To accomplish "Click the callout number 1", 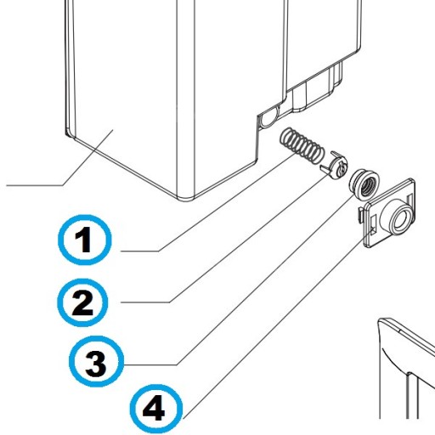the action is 84,240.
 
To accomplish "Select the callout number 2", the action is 82,302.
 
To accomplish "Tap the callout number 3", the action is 96,364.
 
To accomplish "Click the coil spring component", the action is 301,146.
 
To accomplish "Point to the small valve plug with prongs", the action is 335,166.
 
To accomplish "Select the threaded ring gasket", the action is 364,183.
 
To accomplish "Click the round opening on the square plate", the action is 400,220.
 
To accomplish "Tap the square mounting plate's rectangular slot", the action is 373,223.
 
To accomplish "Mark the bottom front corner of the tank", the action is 184,200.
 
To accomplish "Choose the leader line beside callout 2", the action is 226,238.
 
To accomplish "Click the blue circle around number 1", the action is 85,240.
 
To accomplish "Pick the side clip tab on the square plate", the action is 361,214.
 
